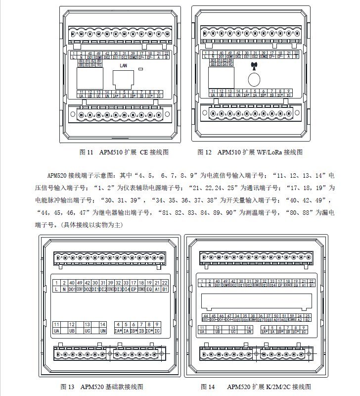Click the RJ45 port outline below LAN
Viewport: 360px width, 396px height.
click(124, 79)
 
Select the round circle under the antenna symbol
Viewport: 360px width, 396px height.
click(254, 79)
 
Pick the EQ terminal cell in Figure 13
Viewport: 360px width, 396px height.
click(149, 289)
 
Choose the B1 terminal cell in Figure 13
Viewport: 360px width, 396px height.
click(165, 289)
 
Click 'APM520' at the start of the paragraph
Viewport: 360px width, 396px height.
click(57, 175)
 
